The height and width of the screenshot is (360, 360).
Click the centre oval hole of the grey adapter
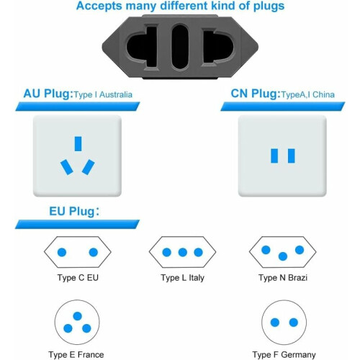(x=180, y=46)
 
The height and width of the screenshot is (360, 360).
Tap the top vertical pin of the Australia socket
(x=78, y=144)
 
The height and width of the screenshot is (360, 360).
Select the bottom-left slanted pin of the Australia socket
(x=67, y=167)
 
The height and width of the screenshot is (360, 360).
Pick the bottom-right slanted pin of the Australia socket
(x=89, y=167)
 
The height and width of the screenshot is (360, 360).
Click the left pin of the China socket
(x=274, y=156)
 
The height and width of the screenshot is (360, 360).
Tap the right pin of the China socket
(x=292, y=156)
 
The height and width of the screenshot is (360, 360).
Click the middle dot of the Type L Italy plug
(x=183, y=252)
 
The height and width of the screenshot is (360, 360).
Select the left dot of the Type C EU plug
(x=62, y=252)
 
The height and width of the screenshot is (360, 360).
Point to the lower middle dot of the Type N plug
(x=283, y=256)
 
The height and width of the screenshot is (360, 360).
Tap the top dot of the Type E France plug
(x=77, y=316)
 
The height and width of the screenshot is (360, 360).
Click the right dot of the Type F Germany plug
(x=294, y=323)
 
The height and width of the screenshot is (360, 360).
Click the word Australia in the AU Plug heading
(x=116, y=94)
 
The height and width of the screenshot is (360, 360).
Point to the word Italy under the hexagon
(x=197, y=278)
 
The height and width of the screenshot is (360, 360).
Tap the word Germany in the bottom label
(x=298, y=354)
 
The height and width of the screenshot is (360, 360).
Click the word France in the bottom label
(x=91, y=354)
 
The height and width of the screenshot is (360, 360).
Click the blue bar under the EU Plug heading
(x=77, y=224)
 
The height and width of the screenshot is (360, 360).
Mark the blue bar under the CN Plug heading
(x=283, y=107)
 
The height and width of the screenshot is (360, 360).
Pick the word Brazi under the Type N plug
(x=297, y=278)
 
